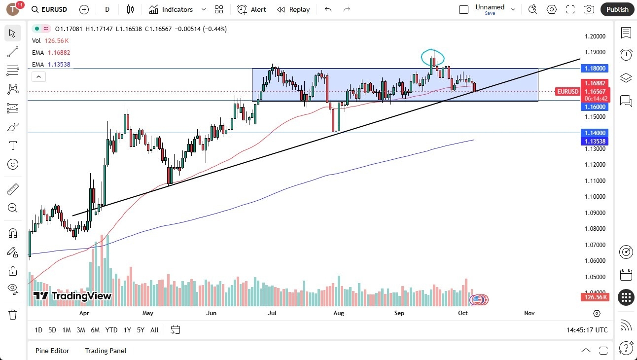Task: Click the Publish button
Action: tap(617, 9)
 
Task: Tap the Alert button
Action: tap(251, 9)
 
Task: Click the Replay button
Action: tap(293, 9)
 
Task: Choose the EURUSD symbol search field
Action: tap(50, 9)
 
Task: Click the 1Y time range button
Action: tap(127, 330)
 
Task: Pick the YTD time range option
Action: tap(111, 330)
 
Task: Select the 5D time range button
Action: tap(52, 330)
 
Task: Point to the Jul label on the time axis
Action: tap(272, 313)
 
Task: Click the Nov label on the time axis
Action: tap(529, 313)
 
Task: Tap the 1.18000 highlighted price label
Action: tap(596, 69)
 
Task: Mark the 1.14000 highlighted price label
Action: tap(596, 133)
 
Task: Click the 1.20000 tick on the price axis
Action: tap(596, 36)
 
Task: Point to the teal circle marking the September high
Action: tap(432, 57)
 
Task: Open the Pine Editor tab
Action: tap(52, 351)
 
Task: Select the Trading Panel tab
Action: tap(106, 351)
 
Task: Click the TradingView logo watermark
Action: tap(72, 296)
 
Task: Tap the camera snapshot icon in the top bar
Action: tap(589, 9)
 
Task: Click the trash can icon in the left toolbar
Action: tap(13, 315)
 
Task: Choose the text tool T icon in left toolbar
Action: tap(13, 145)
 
